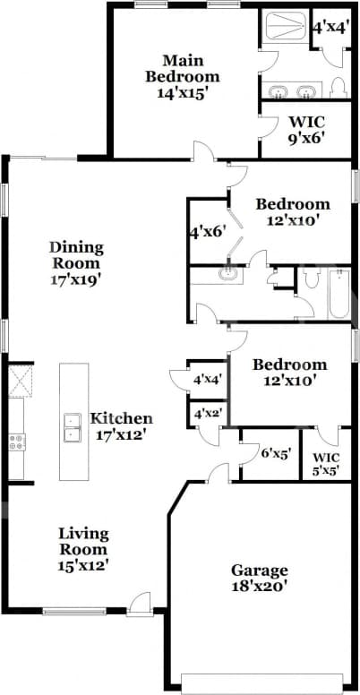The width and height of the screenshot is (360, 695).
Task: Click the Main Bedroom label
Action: (x=183, y=77)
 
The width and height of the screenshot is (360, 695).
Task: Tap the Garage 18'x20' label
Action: (x=260, y=579)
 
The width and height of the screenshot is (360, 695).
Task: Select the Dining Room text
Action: (x=76, y=262)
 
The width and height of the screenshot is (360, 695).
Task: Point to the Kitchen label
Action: (x=121, y=426)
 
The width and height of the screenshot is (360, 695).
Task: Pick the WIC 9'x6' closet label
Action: (x=305, y=130)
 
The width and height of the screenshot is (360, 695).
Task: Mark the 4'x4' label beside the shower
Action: (x=330, y=27)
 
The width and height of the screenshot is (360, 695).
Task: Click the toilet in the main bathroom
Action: (x=337, y=88)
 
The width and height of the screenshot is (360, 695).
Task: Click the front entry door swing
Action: (x=137, y=605)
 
